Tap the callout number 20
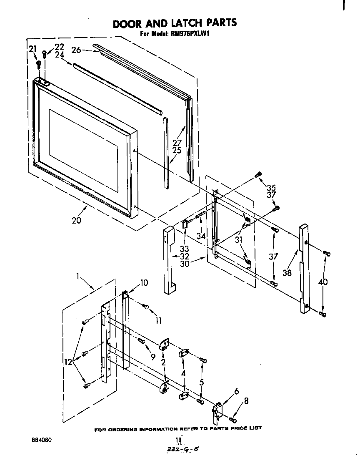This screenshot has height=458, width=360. [76, 221]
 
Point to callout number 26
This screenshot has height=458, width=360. [76, 50]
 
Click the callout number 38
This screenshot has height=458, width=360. [287, 273]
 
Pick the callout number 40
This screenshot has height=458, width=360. [322, 282]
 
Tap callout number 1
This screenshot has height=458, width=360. [77, 276]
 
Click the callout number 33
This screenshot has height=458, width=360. [185, 249]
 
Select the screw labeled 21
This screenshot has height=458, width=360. [39, 64]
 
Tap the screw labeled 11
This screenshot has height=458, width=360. [146, 307]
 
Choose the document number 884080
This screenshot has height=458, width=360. [42, 440]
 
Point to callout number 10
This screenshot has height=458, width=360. [143, 283]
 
